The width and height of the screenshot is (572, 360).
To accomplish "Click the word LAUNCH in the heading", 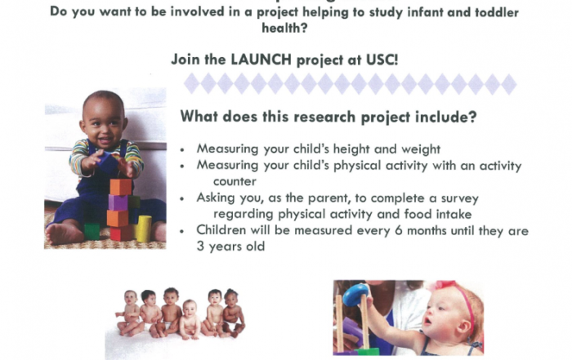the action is click(261, 60).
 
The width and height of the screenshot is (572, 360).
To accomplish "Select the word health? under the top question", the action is click(284, 28).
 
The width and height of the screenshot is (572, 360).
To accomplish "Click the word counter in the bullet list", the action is click(235, 181).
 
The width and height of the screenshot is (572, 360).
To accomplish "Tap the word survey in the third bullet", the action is click(459, 198).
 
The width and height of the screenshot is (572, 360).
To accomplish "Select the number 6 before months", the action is click(399, 231).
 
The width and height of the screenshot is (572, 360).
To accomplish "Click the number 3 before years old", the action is click(200, 247).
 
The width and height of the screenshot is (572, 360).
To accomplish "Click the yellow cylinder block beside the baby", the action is click(143, 229).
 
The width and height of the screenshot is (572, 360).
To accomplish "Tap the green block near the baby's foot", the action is click(92, 231).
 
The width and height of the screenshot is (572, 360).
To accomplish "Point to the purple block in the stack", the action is click(118, 202).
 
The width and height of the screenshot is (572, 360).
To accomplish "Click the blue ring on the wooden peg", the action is click(355, 295).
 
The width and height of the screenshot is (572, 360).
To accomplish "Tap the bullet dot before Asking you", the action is click(182, 198).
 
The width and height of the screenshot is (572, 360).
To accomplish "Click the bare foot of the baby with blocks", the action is click(63, 233).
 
